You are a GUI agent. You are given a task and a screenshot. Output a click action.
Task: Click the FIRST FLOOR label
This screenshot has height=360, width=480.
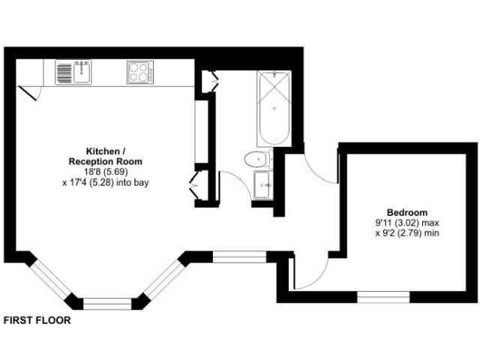[x=37, y=320]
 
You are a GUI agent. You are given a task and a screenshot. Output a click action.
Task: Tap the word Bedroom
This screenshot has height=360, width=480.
[x=407, y=212]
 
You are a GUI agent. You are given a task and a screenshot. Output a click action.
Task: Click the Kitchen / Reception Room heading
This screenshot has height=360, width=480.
[x=105, y=156]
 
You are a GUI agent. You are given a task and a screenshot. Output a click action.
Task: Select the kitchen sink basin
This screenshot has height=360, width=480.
[x=82, y=72]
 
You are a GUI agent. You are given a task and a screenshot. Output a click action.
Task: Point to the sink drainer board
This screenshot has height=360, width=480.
[x=64, y=73]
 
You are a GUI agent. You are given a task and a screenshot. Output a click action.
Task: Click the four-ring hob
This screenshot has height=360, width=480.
[x=140, y=72]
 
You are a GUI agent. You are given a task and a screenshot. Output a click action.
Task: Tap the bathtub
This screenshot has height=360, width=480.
[x=274, y=108]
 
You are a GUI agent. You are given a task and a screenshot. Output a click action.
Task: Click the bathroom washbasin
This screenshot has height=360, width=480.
[x=263, y=185]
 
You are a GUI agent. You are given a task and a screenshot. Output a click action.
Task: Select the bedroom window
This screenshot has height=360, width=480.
[x=383, y=297]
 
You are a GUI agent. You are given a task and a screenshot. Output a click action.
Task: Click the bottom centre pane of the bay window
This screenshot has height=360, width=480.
[x=107, y=304]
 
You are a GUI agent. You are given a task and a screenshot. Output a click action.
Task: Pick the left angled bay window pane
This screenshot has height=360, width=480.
[x=50, y=278]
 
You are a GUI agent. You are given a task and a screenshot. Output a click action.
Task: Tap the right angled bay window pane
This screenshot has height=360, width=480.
[x=164, y=279]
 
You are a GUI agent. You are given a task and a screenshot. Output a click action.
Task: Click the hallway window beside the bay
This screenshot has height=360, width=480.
[x=240, y=256]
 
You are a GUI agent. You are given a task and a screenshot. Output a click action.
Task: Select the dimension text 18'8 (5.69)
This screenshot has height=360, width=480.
[x=106, y=172]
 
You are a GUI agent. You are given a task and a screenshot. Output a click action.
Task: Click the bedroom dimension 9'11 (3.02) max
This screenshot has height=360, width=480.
[x=407, y=223]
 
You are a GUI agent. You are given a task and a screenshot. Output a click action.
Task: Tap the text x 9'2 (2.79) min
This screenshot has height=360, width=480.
[x=407, y=233]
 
